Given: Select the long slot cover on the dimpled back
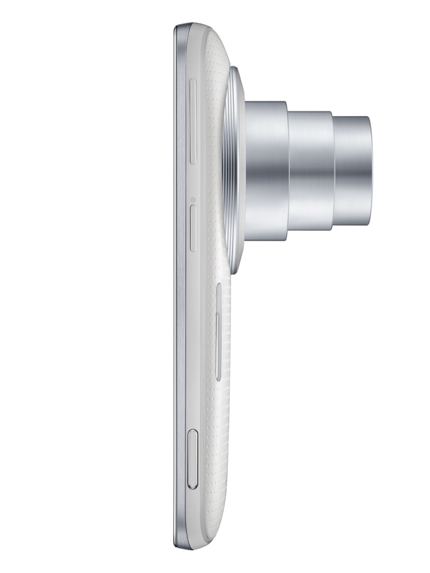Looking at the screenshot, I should click(219, 331).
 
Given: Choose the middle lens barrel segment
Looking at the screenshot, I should click(311, 170).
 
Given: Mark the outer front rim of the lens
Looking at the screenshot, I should click(369, 170).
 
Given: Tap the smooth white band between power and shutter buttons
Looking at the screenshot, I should click(193, 342).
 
